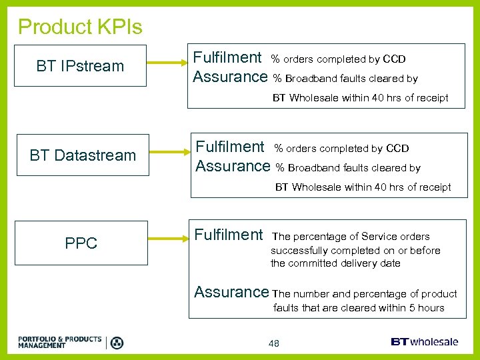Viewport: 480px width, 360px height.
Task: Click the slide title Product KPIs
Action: [80, 27]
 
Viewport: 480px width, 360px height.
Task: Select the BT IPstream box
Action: [81, 66]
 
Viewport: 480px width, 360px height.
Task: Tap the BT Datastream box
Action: [82, 155]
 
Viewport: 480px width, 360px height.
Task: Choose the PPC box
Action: [81, 243]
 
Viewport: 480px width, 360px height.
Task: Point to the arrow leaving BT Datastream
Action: [167, 154]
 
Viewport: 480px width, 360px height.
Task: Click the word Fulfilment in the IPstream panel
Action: [227, 57]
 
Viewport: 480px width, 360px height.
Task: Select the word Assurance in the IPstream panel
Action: [230, 77]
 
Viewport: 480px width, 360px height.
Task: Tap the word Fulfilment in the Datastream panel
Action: [229, 147]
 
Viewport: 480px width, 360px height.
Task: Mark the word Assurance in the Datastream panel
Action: [233, 166]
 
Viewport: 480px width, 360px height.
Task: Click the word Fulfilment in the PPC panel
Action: [228, 235]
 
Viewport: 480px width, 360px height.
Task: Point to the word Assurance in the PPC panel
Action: [231, 292]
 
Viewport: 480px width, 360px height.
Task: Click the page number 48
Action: [273, 343]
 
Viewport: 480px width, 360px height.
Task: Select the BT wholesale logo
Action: [424, 341]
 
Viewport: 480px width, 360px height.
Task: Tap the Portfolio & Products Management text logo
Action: [60, 343]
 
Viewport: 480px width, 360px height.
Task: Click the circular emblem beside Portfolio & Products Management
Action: [117, 343]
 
